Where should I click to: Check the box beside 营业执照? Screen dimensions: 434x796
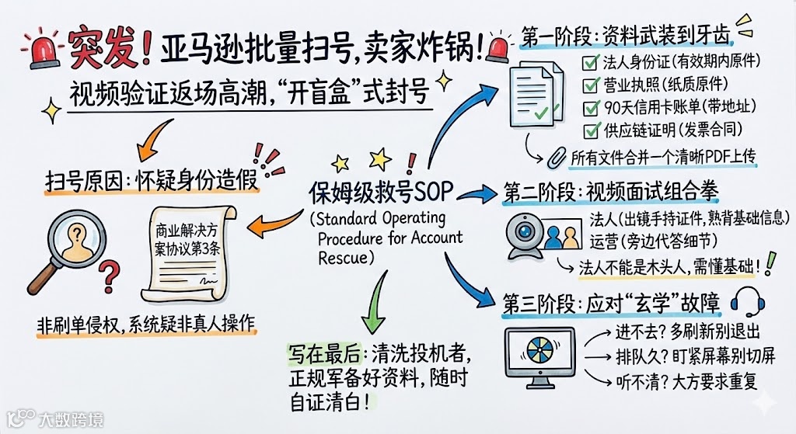click(589, 83)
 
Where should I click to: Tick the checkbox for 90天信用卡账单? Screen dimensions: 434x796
click(589, 106)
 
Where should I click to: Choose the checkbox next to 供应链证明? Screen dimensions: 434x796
click(589, 130)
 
